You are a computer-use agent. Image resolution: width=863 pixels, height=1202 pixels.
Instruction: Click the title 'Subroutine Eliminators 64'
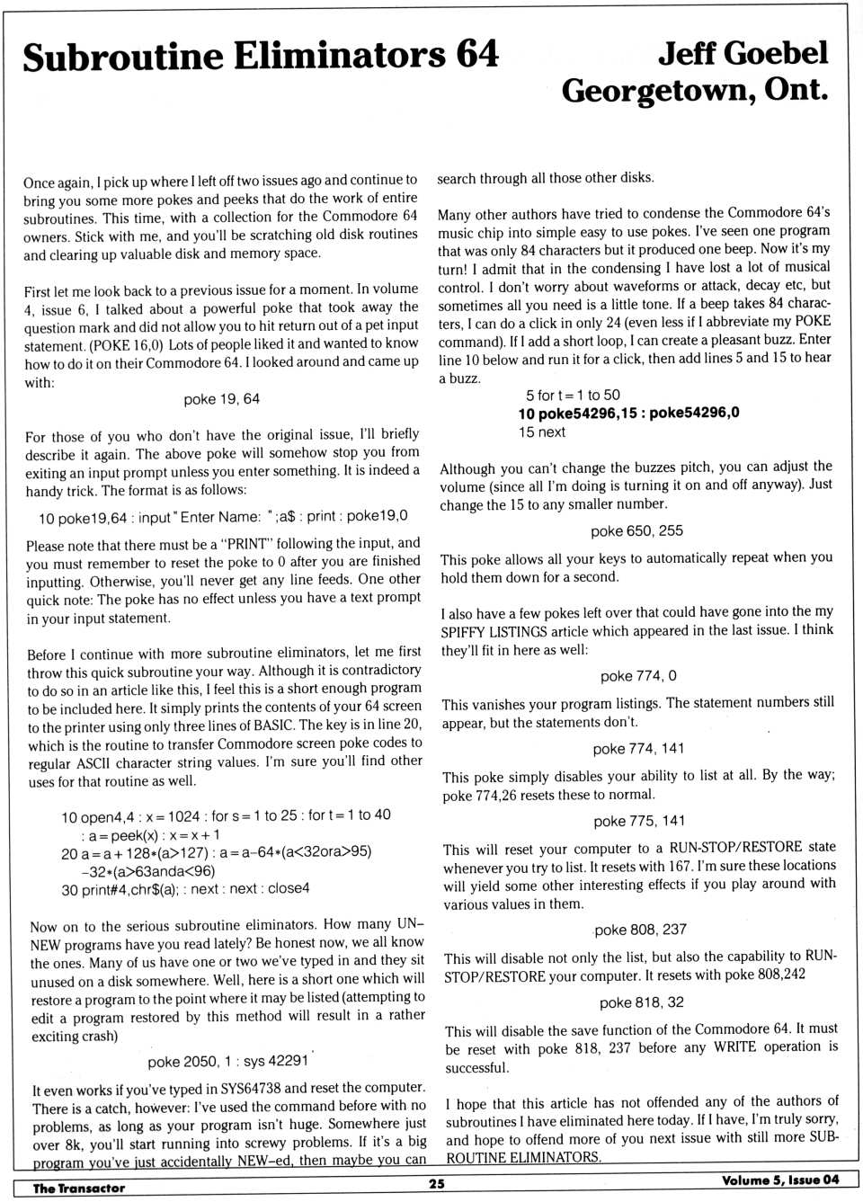[260, 56]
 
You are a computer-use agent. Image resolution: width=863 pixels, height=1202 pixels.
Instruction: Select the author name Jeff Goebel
[742, 53]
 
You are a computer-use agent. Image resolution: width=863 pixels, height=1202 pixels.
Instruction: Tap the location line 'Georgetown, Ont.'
[694, 90]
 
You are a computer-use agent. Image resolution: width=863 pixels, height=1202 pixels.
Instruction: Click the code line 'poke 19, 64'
[221, 399]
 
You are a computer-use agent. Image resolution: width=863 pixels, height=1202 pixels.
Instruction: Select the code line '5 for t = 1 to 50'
[573, 395]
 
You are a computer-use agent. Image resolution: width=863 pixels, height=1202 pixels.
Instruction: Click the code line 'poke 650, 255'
[636, 531]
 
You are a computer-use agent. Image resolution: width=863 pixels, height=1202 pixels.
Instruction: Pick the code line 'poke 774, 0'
[638, 676]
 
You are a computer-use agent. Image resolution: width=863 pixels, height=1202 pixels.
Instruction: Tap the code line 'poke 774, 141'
[638, 749]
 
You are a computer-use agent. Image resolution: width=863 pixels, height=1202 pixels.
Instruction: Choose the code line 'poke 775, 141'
[639, 821]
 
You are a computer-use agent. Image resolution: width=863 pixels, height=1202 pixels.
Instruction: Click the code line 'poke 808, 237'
[640, 930]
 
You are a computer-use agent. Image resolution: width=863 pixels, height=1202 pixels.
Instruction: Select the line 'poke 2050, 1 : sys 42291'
[228, 1061]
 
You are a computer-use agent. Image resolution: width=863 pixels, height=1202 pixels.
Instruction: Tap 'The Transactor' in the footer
[79, 1188]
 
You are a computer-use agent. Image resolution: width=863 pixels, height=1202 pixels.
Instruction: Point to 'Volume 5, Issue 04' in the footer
[779, 1180]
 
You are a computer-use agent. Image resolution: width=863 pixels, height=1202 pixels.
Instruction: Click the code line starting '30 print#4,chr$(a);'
[185, 888]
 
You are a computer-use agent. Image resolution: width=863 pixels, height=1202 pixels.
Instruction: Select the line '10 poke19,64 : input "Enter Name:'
[222, 516]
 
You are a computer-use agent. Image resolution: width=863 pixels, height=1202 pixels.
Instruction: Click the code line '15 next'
[541, 432]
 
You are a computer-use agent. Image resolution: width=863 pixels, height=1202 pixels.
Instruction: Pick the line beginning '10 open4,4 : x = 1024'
[226, 816]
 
